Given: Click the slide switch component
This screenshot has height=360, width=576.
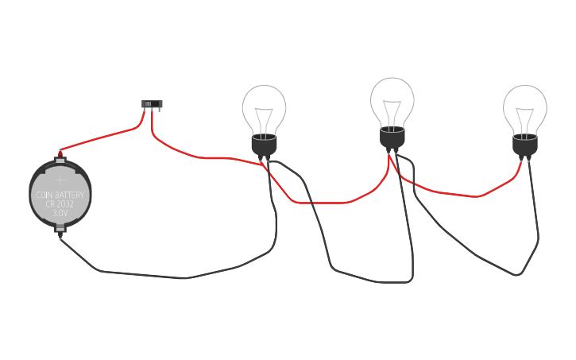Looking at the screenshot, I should click(x=152, y=104).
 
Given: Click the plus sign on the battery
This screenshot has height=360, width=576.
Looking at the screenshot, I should click(x=60, y=180).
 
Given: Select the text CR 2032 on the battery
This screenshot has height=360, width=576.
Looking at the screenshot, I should click(x=60, y=204).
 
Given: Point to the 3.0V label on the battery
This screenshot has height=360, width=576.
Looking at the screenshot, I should click(x=60, y=214).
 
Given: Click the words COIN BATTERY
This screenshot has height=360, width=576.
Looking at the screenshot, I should click(x=60, y=195).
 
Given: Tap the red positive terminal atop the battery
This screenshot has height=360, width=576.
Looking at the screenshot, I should click(x=60, y=152).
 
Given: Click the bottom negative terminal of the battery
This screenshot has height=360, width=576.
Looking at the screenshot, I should click(x=61, y=234).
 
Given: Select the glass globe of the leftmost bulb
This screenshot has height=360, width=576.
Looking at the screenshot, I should click(x=265, y=107).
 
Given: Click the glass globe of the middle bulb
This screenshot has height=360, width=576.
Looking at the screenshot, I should click(x=392, y=99).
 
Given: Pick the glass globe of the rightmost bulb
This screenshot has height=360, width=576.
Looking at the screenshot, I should click(x=525, y=107).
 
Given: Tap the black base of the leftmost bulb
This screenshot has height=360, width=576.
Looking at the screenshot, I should click(x=265, y=145).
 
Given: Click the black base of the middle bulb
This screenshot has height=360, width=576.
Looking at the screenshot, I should click(x=392, y=137).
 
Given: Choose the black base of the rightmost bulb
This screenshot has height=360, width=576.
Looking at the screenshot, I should click(x=525, y=145).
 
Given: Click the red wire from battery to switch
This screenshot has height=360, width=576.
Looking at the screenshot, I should click(x=103, y=137).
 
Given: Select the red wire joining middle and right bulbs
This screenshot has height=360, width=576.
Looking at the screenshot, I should click(x=453, y=193).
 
